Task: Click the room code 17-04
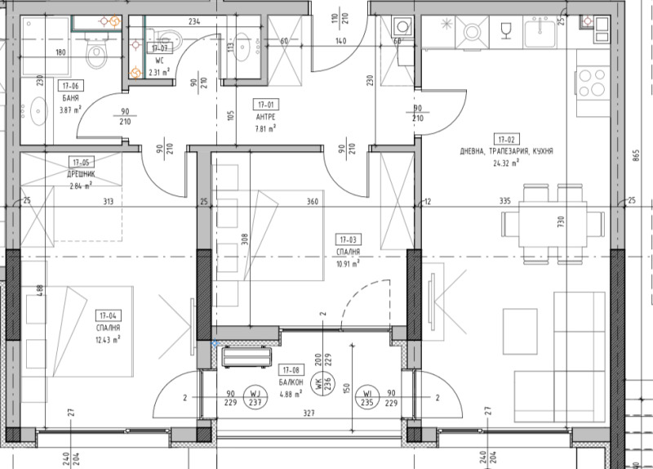[106, 315]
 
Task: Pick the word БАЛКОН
[291, 382]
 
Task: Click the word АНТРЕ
[265, 117]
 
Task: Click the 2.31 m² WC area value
[158, 71]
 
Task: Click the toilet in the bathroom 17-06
[96, 55]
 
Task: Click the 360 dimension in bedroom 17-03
[311, 202]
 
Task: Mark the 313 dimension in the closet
[108, 203]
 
